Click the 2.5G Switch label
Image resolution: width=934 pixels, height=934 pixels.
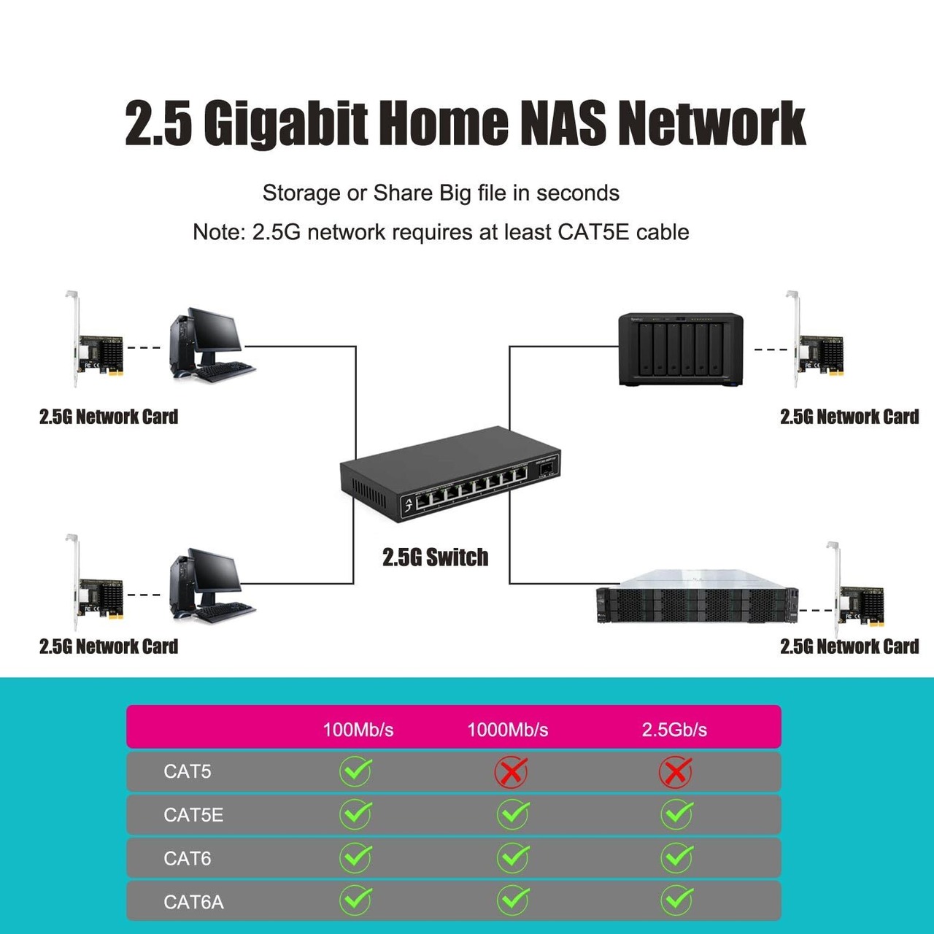point(435,557)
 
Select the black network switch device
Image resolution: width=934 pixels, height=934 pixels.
point(450,474)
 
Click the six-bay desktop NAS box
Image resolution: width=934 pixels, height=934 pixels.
point(681,350)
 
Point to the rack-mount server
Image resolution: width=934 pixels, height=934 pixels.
point(697,596)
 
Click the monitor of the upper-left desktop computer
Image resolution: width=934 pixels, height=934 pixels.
point(215,334)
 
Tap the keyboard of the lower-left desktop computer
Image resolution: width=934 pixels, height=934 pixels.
point(225,612)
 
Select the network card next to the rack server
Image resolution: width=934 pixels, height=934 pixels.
point(855,589)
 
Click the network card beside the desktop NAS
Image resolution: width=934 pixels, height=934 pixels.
point(815,339)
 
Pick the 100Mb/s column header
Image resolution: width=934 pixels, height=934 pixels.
point(358,730)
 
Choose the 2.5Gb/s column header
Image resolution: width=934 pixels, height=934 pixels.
point(674,730)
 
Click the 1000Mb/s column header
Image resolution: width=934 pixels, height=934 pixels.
point(507,730)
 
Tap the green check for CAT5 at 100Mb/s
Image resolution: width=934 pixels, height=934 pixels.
point(356,771)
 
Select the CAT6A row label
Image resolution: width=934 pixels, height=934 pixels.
point(193,902)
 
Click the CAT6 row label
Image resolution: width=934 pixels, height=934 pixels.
point(187,858)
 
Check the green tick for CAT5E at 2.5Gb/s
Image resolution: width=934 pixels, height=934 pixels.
point(677,814)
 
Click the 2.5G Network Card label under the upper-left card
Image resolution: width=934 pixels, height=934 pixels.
point(109,417)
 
